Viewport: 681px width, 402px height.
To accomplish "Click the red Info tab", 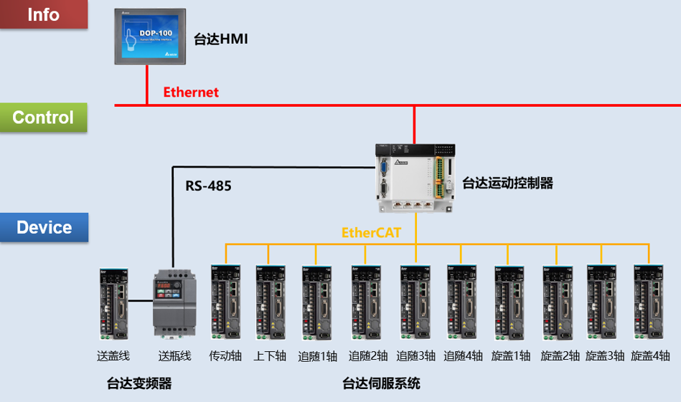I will [43, 14].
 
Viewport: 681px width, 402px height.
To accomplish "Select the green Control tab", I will [43, 118].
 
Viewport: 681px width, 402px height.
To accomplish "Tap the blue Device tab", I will [44, 228].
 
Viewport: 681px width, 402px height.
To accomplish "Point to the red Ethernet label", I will [191, 92].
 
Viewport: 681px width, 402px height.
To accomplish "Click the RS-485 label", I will [209, 186].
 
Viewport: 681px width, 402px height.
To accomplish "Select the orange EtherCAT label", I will [371, 233].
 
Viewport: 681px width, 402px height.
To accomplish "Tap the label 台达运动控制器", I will [508, 183].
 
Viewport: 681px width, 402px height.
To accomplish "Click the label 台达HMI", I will [221, 39].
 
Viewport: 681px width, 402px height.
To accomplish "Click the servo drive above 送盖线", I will [113, 303].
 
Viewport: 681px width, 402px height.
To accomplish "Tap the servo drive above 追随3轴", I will [415, 303].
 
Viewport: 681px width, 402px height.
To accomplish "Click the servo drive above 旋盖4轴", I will [648, 303].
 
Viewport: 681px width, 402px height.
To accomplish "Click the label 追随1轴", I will [318, 356].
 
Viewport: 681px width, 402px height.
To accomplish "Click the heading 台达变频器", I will [139, 384].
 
